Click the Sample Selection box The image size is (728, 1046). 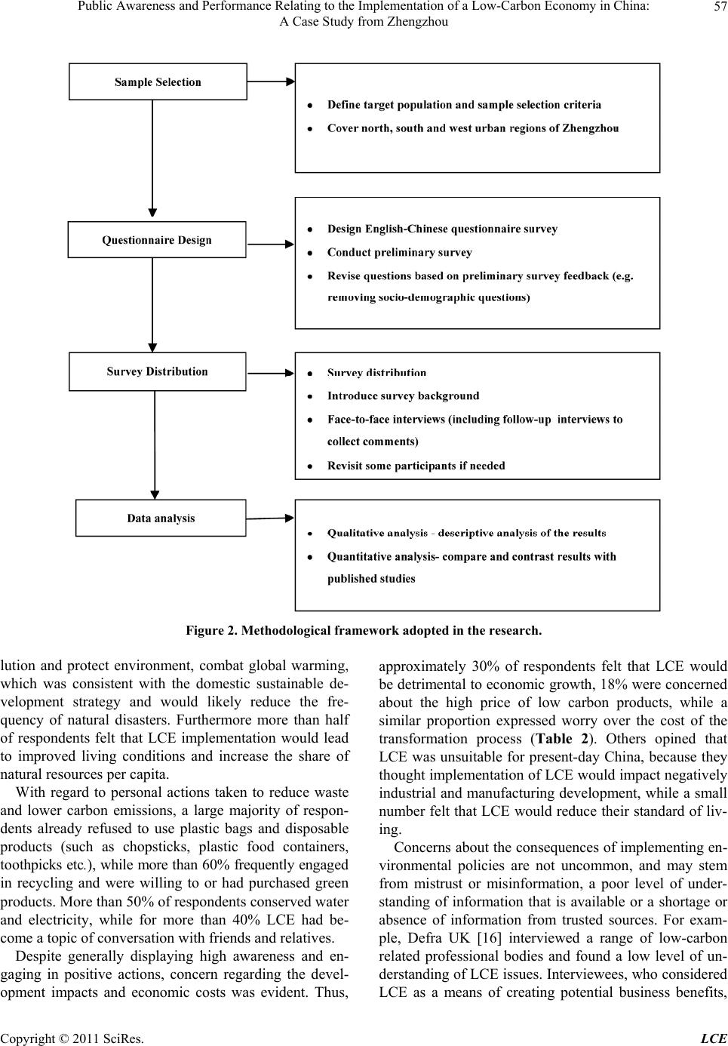(158, 82)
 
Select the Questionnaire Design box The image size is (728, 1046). (157, 240)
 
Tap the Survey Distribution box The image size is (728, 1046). (157, 371)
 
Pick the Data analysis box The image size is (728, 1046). (161, 518)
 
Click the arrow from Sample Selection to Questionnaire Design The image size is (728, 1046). (153, 158)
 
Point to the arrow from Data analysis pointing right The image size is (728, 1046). (270, 518)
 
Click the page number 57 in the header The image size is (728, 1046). (716, 8)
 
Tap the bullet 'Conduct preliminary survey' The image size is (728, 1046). (399, 252)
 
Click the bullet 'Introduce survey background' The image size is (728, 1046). (403, 395)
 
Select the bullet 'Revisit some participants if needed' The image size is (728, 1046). (416, 466)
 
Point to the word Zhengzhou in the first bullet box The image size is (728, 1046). (588, 128)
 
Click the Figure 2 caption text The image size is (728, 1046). (364, 630)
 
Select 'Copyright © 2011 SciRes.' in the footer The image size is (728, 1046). (72, 1038)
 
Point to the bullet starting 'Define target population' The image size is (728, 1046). (464, 105)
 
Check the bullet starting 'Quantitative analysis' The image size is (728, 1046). (471, 556)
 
